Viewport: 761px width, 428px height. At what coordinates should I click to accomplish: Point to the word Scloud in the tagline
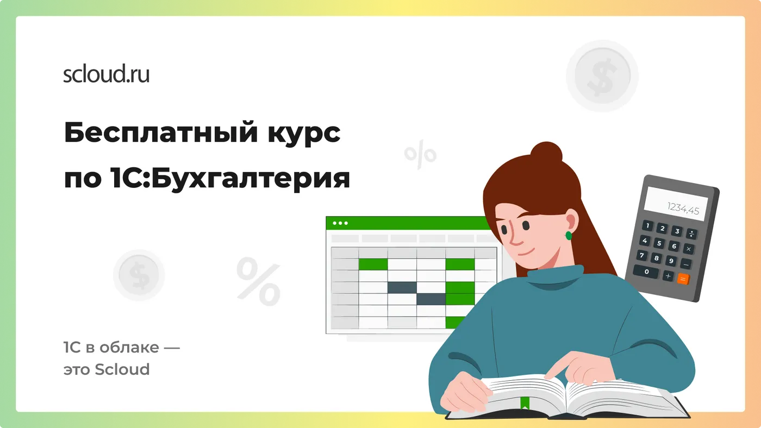click(x=122, y=369)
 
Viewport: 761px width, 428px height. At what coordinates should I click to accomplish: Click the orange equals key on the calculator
click(x=683, y=279)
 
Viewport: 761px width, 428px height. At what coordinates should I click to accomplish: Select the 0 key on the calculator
click(x=646, y=271)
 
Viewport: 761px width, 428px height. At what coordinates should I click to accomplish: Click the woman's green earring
click(x=569, y=236)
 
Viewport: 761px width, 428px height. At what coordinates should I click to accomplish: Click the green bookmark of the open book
click(x=525, y=404)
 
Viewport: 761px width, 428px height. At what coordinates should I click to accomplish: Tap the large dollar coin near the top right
click(x=602, y=76)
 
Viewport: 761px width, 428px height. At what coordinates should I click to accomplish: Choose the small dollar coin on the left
click(x=139, y=275)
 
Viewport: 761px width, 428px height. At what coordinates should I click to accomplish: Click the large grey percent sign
click(x=258, y=281)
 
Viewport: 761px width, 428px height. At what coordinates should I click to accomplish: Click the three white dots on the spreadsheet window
click(x=341, y=223)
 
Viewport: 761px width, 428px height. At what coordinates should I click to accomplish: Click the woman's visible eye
click(x=526, y=225)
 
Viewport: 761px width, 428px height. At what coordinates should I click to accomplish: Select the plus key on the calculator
click(x=668, y=275)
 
